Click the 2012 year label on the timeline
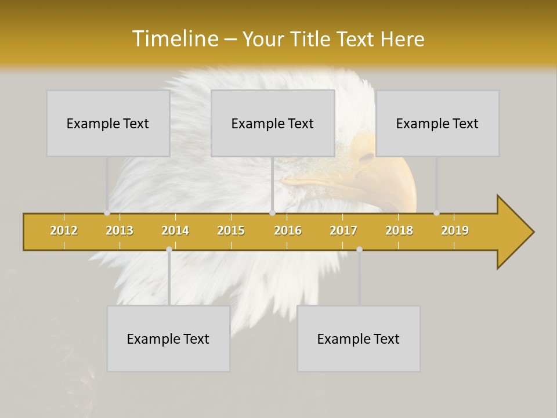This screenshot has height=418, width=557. coord(64,230)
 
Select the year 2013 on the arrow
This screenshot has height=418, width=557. coord(120,230)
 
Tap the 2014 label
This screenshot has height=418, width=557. coord(175,230)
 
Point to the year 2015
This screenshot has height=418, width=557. coord(231,230)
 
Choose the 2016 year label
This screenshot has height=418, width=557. coord(288,230)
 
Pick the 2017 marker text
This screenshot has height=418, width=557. coord(343,230)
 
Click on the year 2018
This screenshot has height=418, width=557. coord(399,230)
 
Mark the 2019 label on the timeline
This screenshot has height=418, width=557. coord(455,230)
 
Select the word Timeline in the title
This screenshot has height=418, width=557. coord(173,39)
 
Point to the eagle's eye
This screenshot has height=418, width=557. coord(367,157)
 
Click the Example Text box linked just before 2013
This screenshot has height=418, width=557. coord(108,123)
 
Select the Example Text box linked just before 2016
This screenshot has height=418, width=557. coord(273,123)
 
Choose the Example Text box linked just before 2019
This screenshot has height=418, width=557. coord(437,123)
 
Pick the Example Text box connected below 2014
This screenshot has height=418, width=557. coord(168,338)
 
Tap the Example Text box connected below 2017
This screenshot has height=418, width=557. coord(359,338)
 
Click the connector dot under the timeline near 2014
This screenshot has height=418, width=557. coord(169,249)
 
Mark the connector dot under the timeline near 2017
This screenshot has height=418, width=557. coord(359,249)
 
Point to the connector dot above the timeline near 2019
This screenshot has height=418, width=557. coord(436,213)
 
